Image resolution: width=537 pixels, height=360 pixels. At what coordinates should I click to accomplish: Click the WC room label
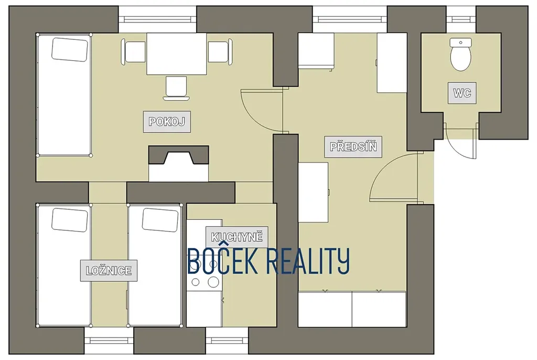[462, 93]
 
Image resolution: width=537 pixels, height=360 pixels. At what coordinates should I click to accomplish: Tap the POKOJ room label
[167, 121]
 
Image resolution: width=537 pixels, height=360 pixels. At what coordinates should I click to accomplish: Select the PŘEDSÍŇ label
[353, 147]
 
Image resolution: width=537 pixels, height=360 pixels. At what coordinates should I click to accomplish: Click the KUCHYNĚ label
[237, 237]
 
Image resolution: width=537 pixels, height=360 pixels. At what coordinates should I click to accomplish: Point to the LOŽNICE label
[109, 270]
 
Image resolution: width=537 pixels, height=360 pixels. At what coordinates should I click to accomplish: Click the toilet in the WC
[460, 55]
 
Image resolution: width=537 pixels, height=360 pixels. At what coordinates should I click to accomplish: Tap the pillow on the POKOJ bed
[70, 50]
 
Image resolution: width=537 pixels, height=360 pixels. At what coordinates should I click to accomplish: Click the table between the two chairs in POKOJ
[176, 54]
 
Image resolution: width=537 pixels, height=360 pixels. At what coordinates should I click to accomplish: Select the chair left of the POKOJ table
[133, 52]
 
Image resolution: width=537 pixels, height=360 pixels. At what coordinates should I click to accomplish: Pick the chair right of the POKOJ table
[220, 52]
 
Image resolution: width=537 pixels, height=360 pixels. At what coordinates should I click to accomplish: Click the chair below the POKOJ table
[176, 88]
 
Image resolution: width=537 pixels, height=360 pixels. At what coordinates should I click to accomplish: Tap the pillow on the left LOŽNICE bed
[70, 220]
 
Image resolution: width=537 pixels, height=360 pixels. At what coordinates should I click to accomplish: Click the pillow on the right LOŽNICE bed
[160, 220]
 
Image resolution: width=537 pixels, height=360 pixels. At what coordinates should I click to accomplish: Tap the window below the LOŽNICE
[109, 341]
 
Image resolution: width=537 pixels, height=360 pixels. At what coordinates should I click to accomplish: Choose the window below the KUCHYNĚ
[227, 341]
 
